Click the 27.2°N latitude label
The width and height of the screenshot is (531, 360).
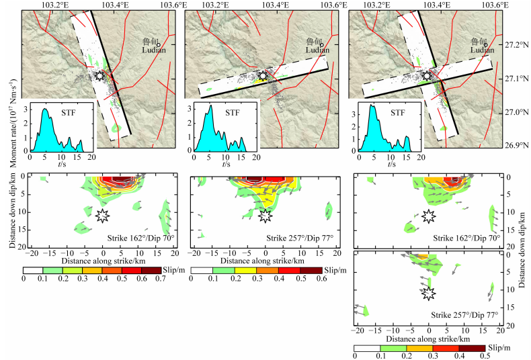point(514,46)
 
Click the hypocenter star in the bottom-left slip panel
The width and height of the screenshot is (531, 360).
point(102,215)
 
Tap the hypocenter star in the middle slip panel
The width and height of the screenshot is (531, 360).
point(265,215)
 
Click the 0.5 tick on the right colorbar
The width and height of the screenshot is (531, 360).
point(484,356)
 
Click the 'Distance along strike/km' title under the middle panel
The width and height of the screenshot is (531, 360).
point(265,260)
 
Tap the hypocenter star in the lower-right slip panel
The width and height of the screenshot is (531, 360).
point(429,293)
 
